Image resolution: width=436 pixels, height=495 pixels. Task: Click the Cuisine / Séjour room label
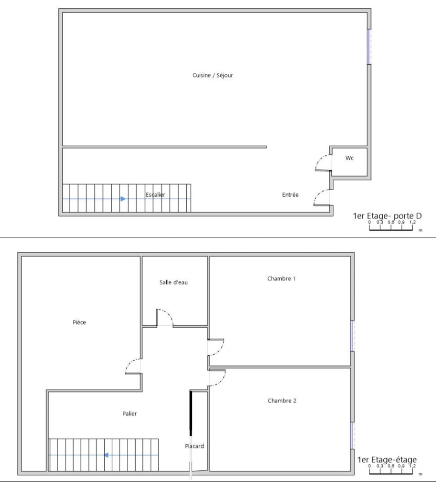click(213, 75)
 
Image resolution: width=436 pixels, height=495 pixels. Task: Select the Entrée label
click(290, 195)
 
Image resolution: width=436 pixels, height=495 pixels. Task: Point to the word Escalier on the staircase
click(155, 195)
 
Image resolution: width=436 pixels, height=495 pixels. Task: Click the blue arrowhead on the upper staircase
click(123, 199)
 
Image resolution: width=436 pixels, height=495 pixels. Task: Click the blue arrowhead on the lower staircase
click(105, 455)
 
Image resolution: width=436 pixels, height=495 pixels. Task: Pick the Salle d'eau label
click(174, 282)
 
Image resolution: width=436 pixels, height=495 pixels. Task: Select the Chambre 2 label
click(282, 401)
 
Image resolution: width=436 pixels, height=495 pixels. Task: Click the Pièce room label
click(79, 322)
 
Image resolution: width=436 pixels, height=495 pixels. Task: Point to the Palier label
click(130, 413)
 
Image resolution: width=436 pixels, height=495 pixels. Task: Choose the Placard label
click(194, 446)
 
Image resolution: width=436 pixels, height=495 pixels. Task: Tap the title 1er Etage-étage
click(387, 460)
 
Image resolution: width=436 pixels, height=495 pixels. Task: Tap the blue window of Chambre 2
click(352, 435)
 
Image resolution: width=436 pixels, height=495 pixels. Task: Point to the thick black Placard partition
click(191, 412)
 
